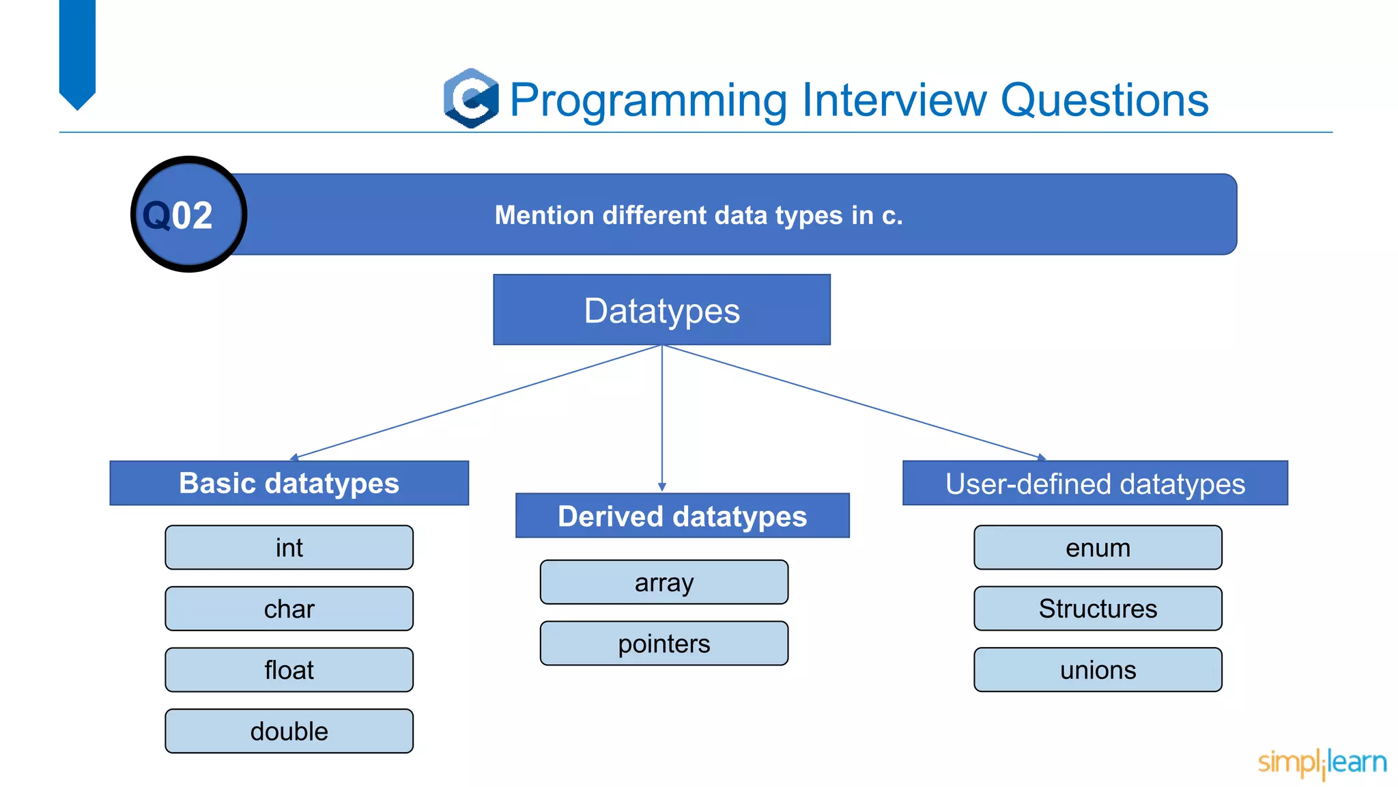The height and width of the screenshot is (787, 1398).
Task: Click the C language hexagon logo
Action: point(471,98)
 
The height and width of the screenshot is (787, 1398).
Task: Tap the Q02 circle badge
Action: point(188,215)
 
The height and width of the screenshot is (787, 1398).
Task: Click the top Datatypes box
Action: point(661,310)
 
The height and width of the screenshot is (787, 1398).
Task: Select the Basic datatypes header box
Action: point(289,483)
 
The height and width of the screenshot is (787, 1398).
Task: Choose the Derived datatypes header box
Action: point(682,516)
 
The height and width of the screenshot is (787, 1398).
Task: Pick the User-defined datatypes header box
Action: point(1095,483)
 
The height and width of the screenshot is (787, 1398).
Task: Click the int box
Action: point(289,547)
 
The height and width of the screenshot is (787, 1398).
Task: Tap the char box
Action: point(289,609)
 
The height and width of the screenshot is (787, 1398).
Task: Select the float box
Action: point(289,669)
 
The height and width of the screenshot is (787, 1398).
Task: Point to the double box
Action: point(289,731)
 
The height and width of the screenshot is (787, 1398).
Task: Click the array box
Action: point(664,582)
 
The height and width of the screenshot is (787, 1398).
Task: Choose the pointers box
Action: point(664,644)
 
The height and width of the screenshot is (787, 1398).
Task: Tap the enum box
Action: point(1098,547)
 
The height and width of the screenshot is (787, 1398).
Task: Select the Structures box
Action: point(1098,609)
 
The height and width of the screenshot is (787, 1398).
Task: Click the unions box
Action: point(1098,669)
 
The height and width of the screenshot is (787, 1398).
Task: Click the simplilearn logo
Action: point(1322,762)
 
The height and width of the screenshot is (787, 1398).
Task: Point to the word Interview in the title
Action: point(894,100)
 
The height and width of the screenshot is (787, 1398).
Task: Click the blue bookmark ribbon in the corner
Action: point(77,51)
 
